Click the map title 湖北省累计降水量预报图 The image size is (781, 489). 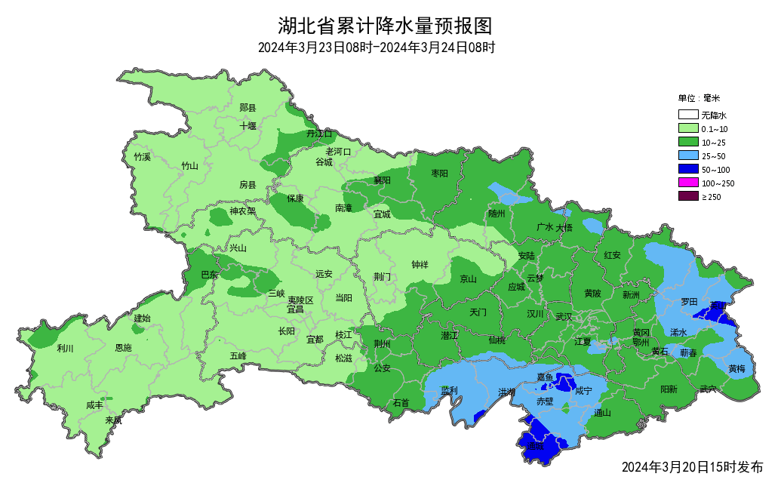pos(385,26)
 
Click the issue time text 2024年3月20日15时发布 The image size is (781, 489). pos(692,467)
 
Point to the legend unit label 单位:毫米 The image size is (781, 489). pos(700,98)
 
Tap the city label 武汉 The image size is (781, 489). pos(564,316)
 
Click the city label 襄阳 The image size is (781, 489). pos(382,180)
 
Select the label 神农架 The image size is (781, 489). pos(242,211)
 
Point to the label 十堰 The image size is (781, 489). pos(248,126)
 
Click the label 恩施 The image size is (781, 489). pos(122,348)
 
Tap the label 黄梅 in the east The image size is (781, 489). pos(736,368)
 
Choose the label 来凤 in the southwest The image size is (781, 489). pos(113,420)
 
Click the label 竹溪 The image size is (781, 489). pos(142,157)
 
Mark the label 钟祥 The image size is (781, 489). pos(420,265)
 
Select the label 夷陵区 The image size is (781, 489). pos(300,300)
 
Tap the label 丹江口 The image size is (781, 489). pos(319,134)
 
